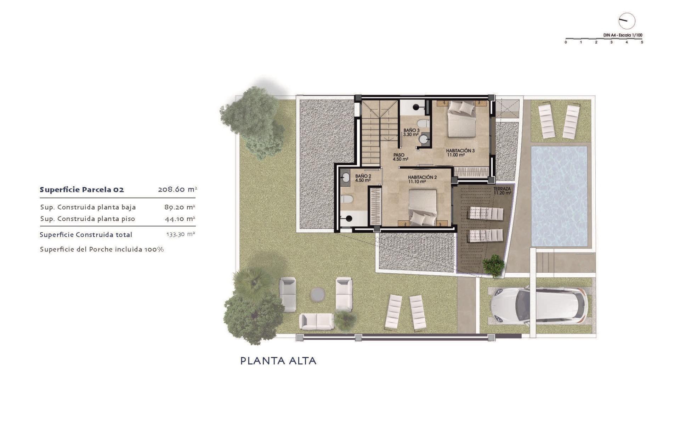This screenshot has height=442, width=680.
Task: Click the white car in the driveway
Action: [x=539, y=305]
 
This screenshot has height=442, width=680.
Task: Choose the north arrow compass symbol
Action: [x=627, y=21]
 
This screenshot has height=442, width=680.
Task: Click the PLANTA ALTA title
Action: [x=278, y=361]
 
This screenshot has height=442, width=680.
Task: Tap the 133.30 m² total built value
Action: [x=181, y=234]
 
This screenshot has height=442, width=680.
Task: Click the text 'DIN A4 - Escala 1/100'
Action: [x=623, y=35]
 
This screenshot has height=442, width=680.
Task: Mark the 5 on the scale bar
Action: [x=642, y=42]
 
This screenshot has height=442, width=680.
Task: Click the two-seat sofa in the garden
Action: [x=317, y=321]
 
